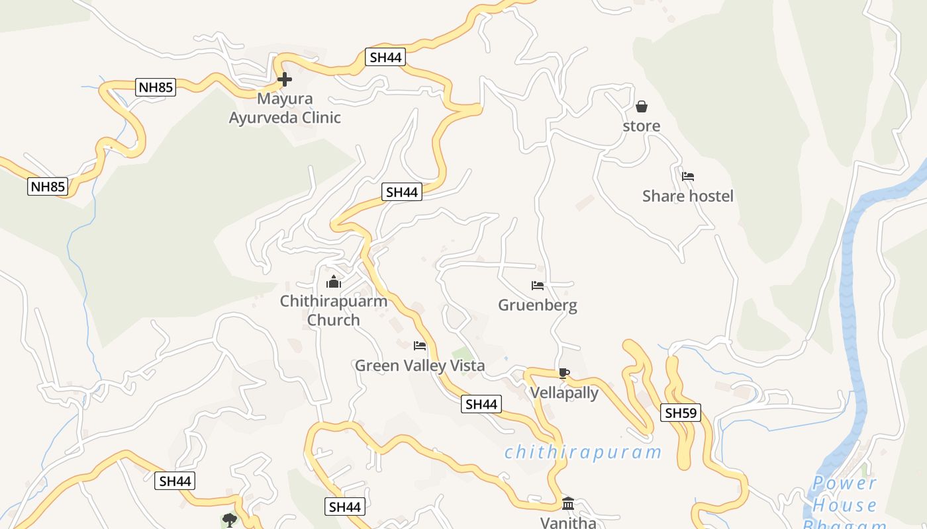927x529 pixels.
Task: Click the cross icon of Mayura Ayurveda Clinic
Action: [x=285, y=80]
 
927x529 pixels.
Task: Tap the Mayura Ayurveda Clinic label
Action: [x=285, y=108]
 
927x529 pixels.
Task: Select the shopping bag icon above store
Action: [x=641, y=106]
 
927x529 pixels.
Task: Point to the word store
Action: [x=641, y=126]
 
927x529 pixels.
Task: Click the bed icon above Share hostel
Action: [x=688, y=177]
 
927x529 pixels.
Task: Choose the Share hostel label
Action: [x=688, y=196]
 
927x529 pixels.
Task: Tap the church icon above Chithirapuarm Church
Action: [x=334, y=282]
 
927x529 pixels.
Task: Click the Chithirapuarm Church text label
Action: [x=334, y=310]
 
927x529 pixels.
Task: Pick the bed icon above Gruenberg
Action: [x=538, y=286]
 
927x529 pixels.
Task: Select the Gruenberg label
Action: [x=538, y=305]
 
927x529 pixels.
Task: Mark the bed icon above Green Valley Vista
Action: [x=420, y=346]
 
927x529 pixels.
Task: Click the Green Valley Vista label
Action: [x=420, y=365]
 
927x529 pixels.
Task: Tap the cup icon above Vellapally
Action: [x=563, y=374]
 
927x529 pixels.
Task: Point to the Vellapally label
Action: [x=564, y=393]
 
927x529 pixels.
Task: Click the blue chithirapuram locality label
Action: [x=583, y=452]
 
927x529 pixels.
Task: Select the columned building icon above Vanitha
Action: [x=568, y=504]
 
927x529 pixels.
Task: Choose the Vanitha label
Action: [x=568, y=522]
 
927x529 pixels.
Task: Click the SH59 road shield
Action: [x=681, y=413]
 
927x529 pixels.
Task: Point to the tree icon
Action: [x=230, y=520]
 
